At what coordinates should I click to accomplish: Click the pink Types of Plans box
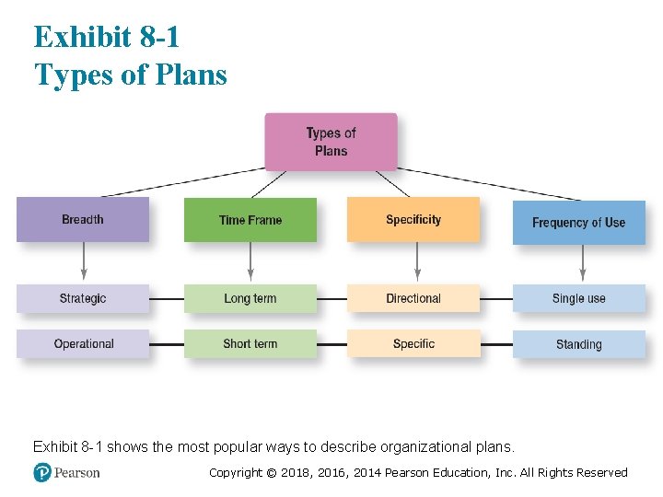click(x=331, y=142)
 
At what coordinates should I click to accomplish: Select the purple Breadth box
click(x=83, y=220)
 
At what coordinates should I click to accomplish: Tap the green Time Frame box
click(x=250, y=220)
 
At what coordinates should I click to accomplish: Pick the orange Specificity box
click(x=413, y=220)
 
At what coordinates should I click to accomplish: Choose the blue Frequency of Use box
click(x=578, y=223)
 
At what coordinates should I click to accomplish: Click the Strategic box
click(x=83, y=298)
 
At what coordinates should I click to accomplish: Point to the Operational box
click(x=83, y=344)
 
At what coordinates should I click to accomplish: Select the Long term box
click(x=250, y=298)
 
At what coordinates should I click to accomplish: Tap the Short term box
click(x=250, y=344)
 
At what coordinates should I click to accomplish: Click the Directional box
click(x=413, y=298)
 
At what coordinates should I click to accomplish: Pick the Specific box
click(x=413, y=344)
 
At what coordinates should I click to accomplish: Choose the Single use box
click(x=578, y=298)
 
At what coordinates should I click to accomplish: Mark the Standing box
click(x=578, y=344)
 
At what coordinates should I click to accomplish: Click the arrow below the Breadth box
click(x=84, y=262)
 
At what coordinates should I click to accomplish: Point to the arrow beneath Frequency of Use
click(x=582, y=264)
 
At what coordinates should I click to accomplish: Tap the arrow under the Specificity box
click(x=417, y=262)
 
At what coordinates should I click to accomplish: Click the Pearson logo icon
click(x=42, y=472)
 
